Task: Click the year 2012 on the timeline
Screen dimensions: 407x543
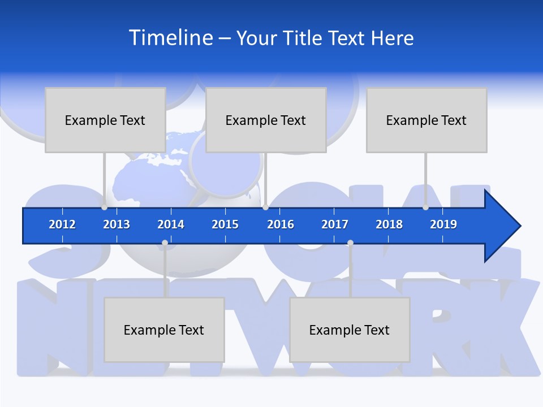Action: (62, 224)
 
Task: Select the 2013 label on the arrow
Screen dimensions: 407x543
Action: (117, 224)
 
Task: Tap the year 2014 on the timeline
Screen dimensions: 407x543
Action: (171, 224)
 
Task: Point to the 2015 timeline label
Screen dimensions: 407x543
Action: (225, 224)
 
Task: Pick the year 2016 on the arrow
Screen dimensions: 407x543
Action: (281, 224)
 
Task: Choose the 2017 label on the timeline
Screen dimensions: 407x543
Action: (335, 224)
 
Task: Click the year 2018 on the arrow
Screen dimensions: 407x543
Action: (389, 224)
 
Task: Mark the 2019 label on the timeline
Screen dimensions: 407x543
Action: (443, 224)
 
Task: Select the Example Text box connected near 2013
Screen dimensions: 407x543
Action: (105, 120)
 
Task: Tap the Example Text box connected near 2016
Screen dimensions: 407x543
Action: (266, 120)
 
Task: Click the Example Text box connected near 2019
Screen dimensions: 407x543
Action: (426, 120)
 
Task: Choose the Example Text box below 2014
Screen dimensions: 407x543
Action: (164, 330)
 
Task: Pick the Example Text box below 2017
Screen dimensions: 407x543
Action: (350, 330)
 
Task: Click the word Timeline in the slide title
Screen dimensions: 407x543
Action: (169, 38)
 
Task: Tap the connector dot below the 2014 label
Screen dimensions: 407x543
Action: (165, 243)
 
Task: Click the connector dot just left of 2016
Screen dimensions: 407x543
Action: (265, 207)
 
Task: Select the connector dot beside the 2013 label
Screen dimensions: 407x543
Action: (104, 207)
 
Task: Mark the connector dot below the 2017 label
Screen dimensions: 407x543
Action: (350, 243)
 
